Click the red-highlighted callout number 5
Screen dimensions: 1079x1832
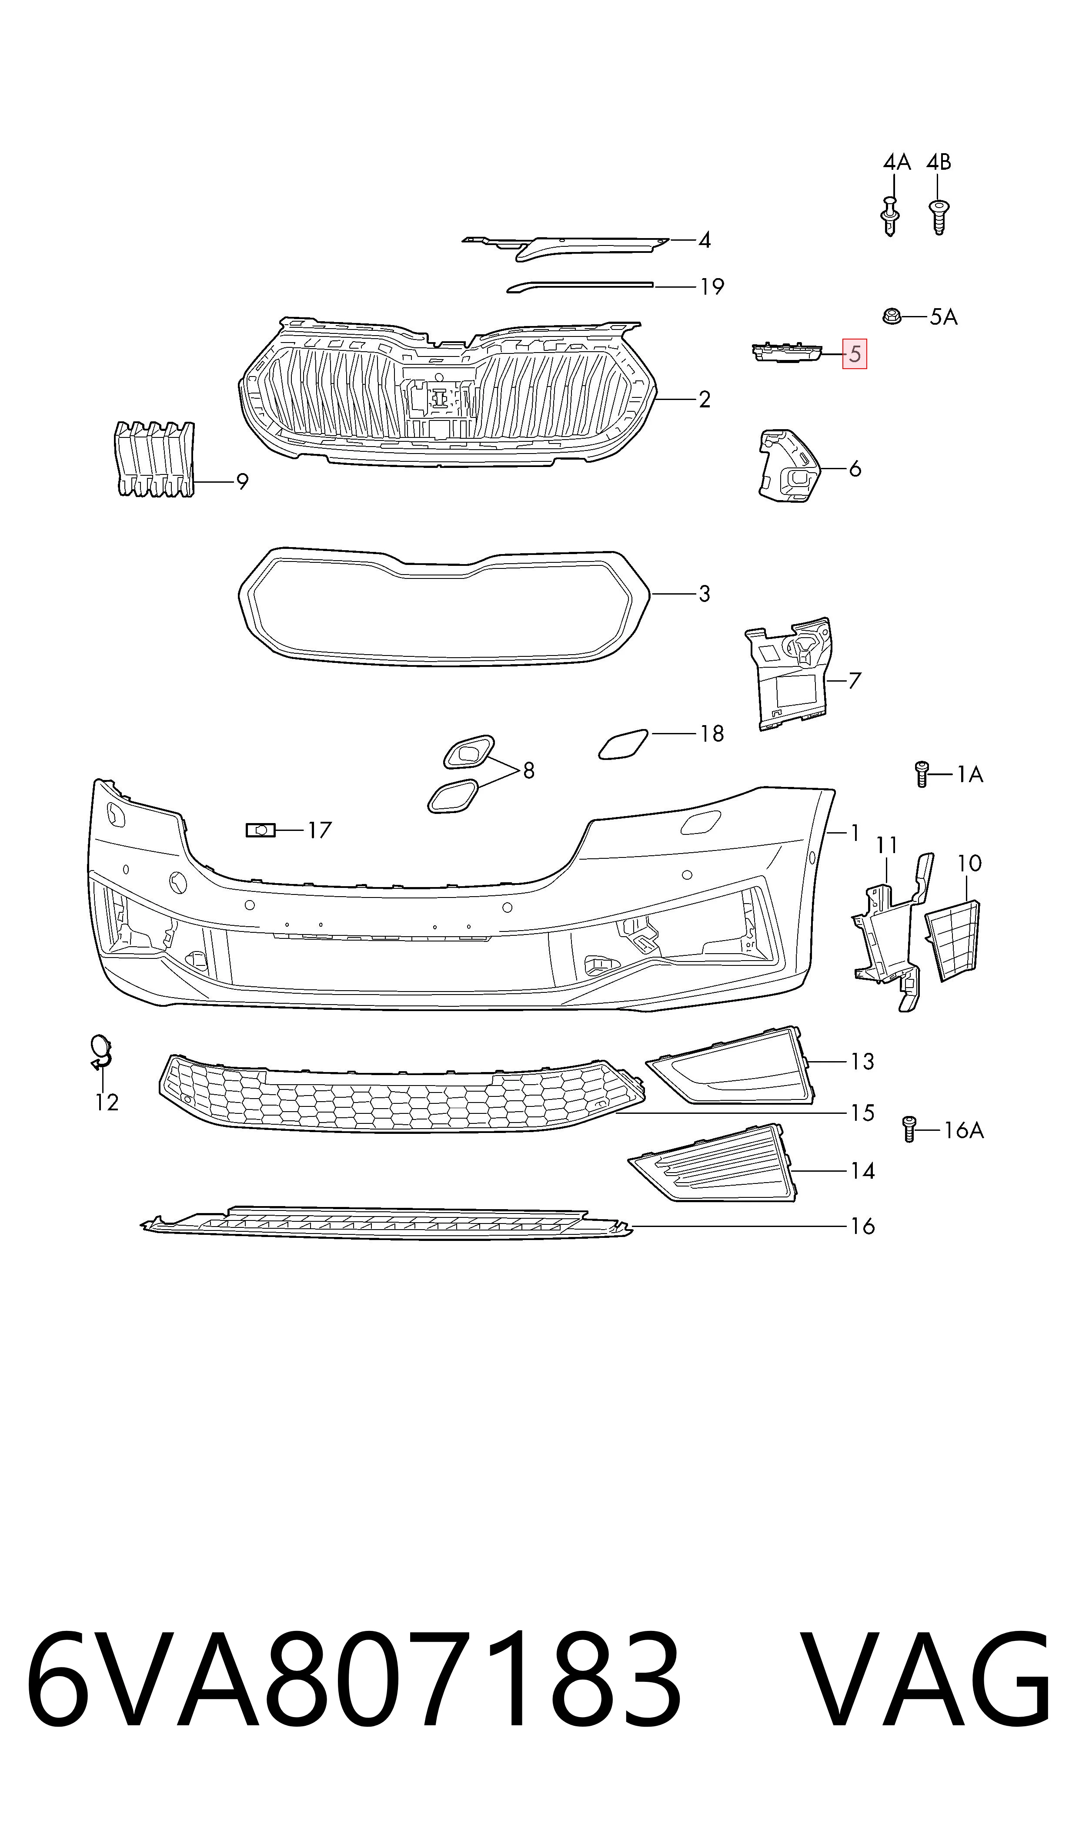(x=854, y=354)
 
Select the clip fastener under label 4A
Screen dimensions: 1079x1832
(x=891, y=215)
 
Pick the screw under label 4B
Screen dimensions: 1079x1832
(x=939, y=217)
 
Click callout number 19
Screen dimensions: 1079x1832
(x=712, y=287)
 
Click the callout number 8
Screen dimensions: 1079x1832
(x=528, y=770)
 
